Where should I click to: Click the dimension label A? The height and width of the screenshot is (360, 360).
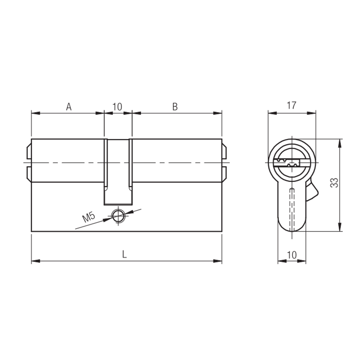(69, 107)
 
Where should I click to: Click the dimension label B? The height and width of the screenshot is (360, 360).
(175, 107)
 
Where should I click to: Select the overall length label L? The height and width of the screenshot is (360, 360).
(125, 254)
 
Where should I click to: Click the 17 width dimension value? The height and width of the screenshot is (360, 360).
(291, 105)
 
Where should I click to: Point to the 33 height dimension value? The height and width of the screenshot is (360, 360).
(334, 183)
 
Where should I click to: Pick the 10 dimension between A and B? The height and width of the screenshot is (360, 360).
(117, 107)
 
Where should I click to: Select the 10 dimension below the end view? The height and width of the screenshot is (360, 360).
(292, 255)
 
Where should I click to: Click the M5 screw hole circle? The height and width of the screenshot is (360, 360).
(118, 216)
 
